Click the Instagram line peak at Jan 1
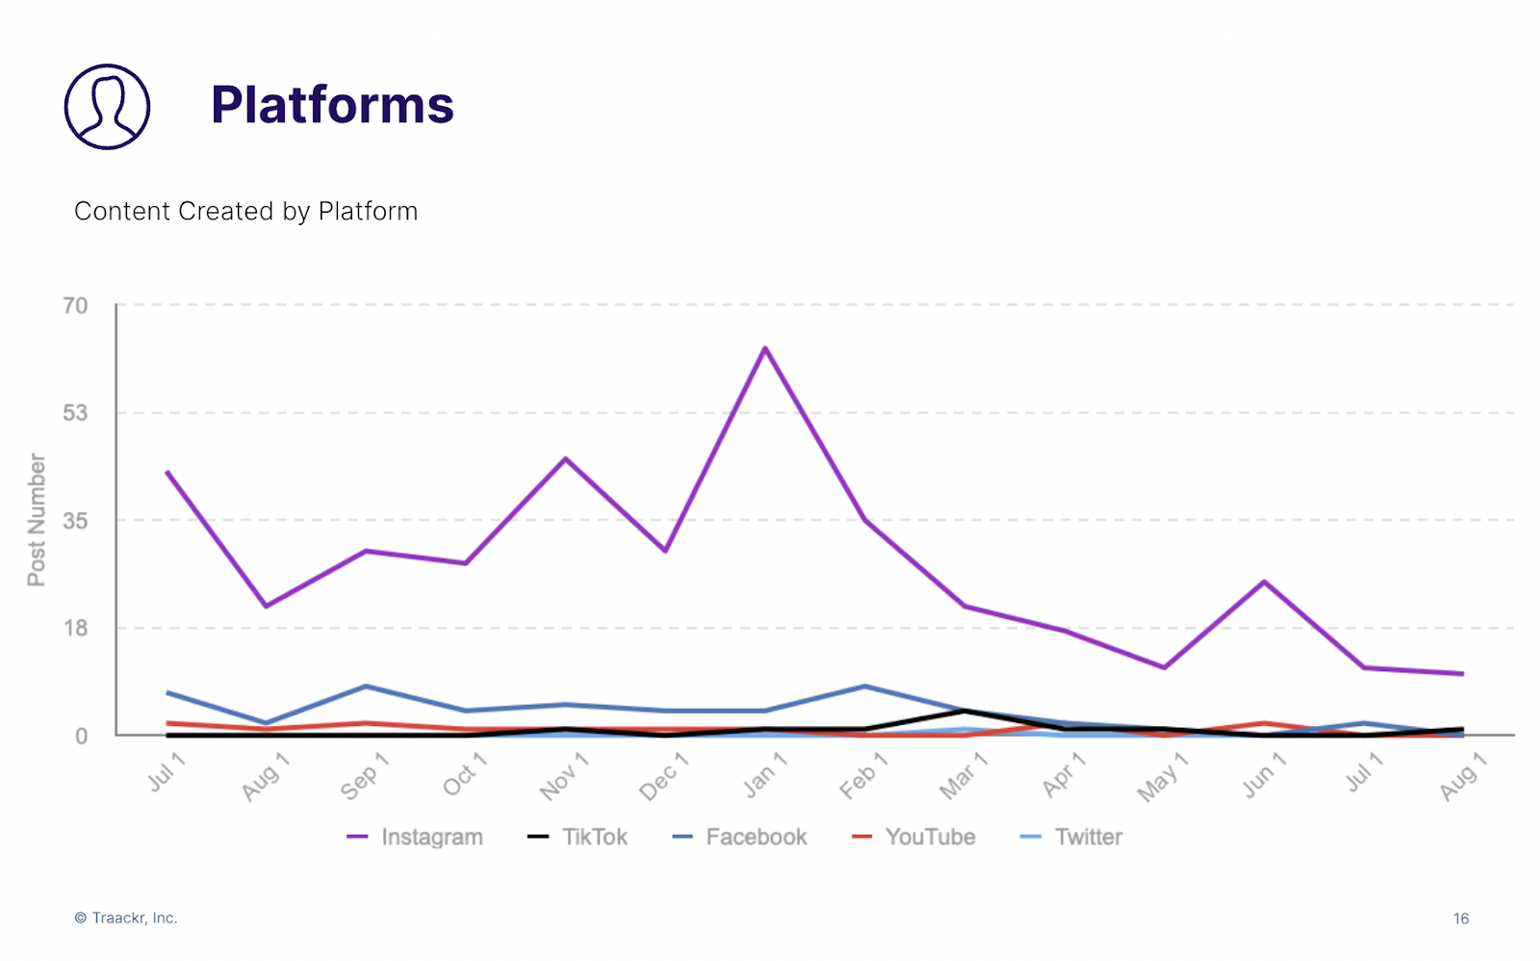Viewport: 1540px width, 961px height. click(765, 349)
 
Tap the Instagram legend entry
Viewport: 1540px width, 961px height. click(415, 837)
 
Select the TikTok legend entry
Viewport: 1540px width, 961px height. click(577, 837)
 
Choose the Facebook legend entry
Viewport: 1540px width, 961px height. click(740, 837)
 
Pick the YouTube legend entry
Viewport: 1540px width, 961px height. click(914, 837)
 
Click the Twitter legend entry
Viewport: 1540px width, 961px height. click(1071, 837)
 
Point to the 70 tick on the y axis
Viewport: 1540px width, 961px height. click(75, 306)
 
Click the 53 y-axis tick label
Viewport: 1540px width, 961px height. click(75, 413)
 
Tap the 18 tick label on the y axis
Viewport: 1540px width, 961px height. click(75, 629)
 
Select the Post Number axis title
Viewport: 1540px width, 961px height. click(37, 520)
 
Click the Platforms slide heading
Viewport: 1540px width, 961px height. click(332, 105)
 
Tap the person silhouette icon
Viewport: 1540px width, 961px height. click(107, 107)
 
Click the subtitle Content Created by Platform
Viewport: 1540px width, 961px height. click(245, 211)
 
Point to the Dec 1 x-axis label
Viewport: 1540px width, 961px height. click(664, 776)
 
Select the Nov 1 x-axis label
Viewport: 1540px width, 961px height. click(564, 776)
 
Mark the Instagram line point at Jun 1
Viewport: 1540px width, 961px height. click(1264, 582)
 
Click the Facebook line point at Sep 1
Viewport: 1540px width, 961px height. click(366, 687)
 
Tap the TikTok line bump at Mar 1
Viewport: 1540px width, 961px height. click(964, 711)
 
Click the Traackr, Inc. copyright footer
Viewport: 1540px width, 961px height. click(126, 918)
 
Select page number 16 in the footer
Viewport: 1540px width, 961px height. click(1461, 919)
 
